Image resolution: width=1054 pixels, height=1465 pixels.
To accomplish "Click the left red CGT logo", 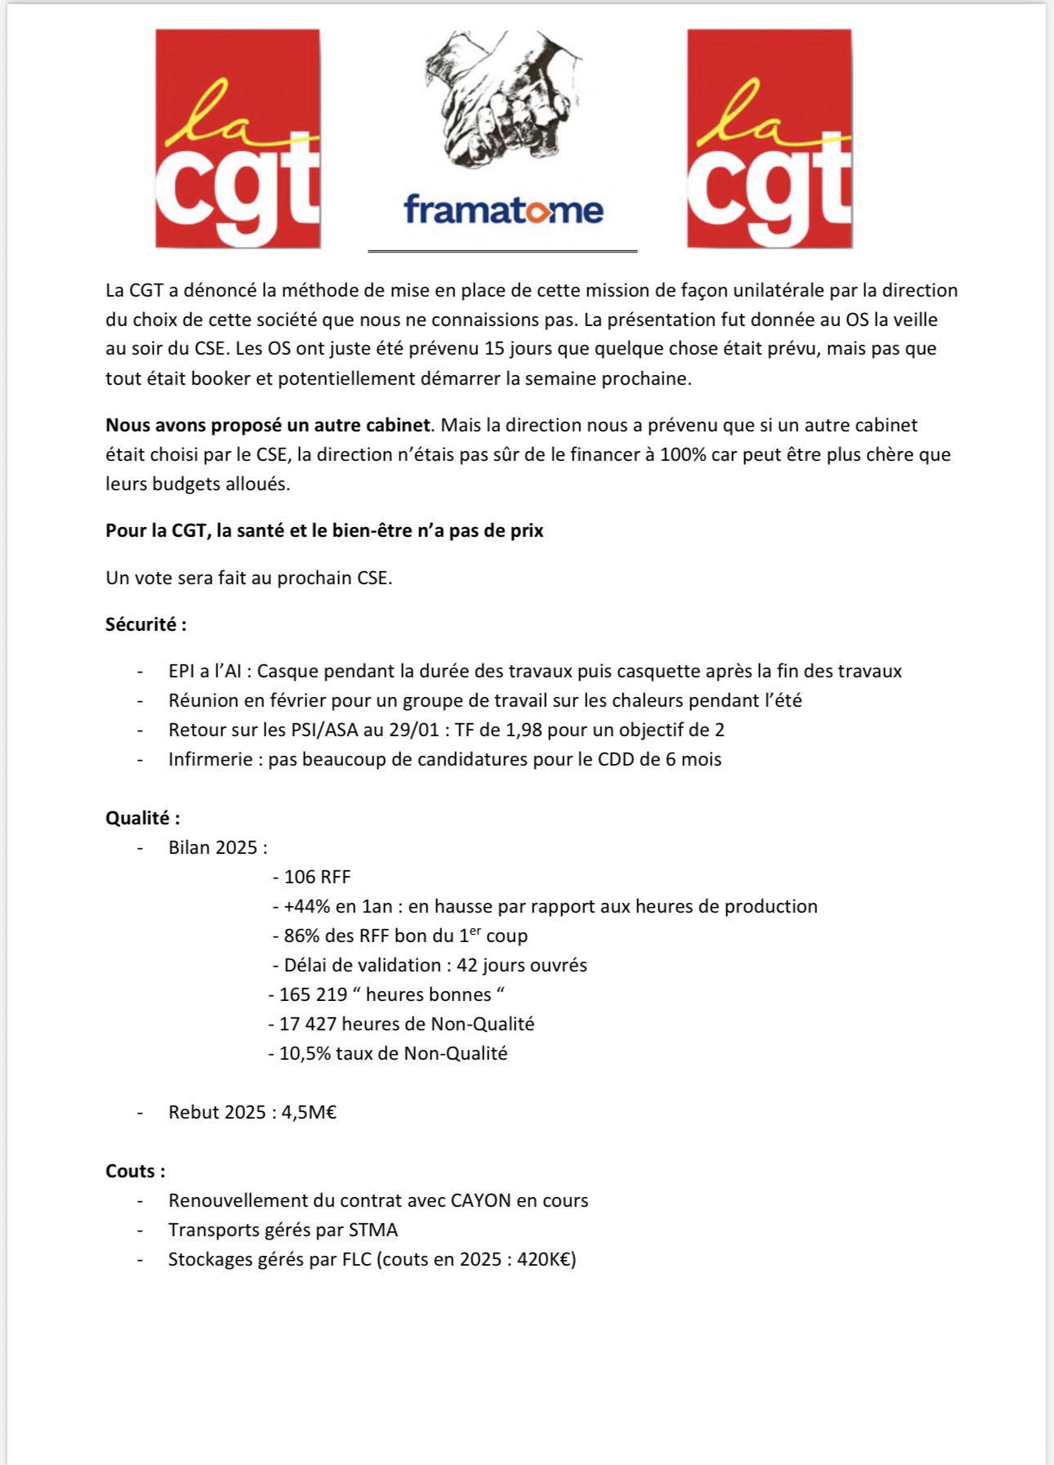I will [238, 139].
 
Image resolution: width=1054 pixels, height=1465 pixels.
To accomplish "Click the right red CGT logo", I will [769, 139].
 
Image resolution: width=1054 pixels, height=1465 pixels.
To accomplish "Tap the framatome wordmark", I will [503, 209].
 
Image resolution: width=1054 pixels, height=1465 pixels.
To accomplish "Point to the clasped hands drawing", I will [502, 98].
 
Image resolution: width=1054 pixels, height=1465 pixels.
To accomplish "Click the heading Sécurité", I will [145, 625].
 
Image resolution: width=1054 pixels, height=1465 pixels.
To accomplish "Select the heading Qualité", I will [142, 818].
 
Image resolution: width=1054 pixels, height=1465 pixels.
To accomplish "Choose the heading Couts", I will [135, 1171].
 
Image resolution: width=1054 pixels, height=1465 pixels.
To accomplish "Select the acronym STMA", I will [373, 1231].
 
